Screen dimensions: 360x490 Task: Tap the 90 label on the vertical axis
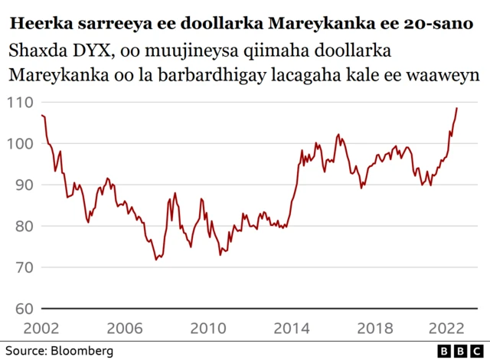tap(24, 185)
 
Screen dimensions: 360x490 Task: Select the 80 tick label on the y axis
tap(24, 227)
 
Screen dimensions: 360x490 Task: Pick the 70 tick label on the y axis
tap(24, 268)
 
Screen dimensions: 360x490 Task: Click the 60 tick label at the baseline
tap(24, 309)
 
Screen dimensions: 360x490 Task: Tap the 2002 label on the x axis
tap(42, 327)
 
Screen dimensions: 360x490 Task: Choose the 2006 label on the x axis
tap(125, 327)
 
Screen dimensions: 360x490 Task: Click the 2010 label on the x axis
tap(207, 327)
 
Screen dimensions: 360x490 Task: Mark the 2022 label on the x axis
tap(447, 327)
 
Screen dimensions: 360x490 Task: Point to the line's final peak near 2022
tap(457, 108)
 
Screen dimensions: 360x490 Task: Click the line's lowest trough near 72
tap(156, 260)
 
